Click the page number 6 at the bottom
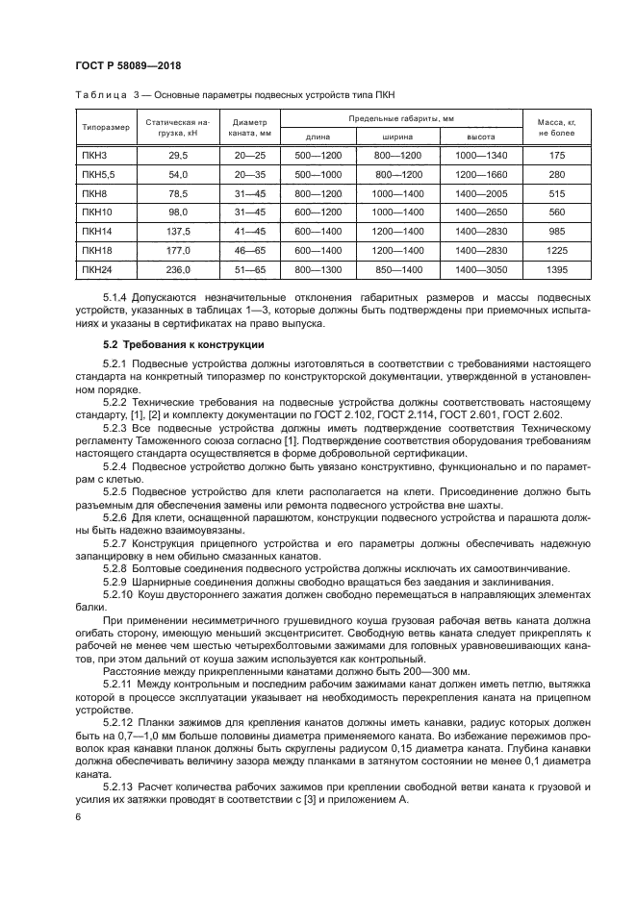pos(78,815)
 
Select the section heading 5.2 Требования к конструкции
pos(169,343)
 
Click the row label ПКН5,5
pos(97,174)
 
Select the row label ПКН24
pos(95,270)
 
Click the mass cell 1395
pos(556,270)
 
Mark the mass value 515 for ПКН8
pos(556,193)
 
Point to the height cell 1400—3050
pos(481,270)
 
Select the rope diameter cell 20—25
pos(250,155)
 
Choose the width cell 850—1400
pos(398,270)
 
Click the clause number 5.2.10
pos(118,594)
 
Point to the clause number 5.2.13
pos(118,787)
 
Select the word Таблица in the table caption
pos(99,94)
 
